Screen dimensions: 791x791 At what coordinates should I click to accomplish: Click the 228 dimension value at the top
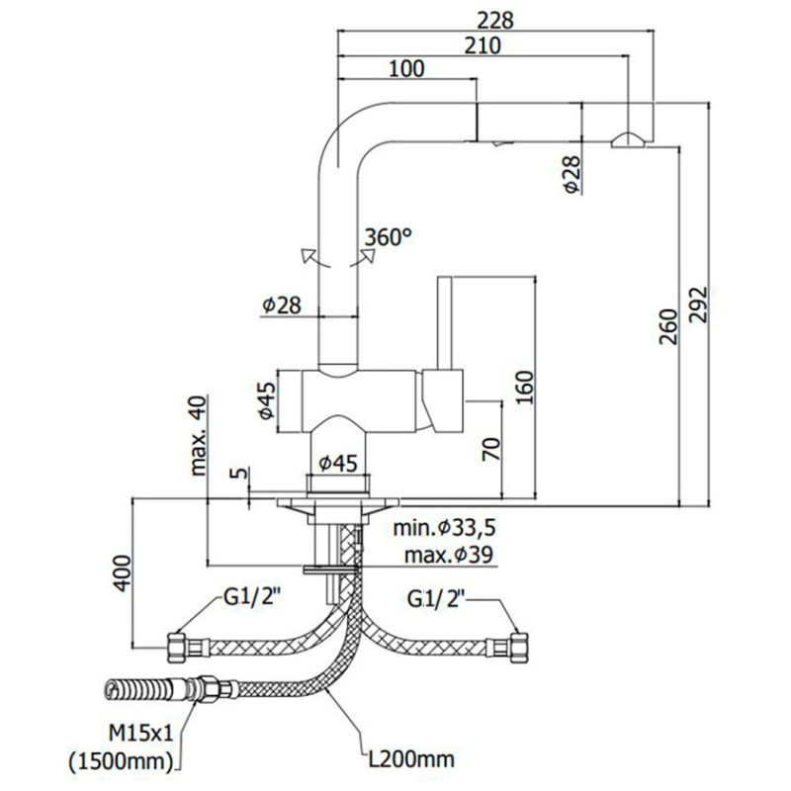496,19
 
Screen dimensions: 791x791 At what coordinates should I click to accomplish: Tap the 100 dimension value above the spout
406,68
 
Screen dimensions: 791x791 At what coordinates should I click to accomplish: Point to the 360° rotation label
388,237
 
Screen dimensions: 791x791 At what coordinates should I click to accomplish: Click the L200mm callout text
408,759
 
